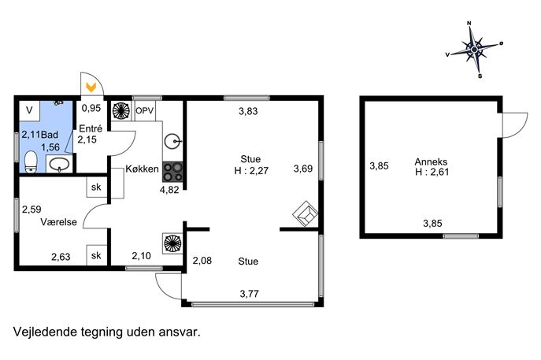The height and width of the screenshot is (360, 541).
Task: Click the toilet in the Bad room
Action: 31,161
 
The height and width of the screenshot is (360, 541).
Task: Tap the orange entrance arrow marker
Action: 91,87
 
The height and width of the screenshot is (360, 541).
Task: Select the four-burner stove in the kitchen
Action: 172,172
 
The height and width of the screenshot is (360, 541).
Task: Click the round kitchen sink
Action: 172,142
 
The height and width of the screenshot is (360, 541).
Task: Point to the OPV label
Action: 145,111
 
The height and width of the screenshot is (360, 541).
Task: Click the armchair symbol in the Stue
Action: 306,214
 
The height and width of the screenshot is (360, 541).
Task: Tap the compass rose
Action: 474,50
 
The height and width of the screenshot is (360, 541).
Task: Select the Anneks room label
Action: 431,161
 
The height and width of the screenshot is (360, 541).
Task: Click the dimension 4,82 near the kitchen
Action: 169,190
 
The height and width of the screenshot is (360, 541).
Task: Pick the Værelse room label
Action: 58,222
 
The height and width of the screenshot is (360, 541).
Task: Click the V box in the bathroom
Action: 30,110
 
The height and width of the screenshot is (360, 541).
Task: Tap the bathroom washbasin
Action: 59,164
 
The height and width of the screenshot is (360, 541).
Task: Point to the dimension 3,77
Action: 249,294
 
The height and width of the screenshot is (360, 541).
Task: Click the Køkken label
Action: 142,169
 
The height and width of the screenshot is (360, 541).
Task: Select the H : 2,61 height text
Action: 432,172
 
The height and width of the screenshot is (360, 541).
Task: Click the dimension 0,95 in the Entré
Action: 91,109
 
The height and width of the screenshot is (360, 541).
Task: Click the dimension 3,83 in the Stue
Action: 248,111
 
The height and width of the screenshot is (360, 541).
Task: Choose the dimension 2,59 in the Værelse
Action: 31,210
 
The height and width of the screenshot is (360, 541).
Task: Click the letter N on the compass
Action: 469,23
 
